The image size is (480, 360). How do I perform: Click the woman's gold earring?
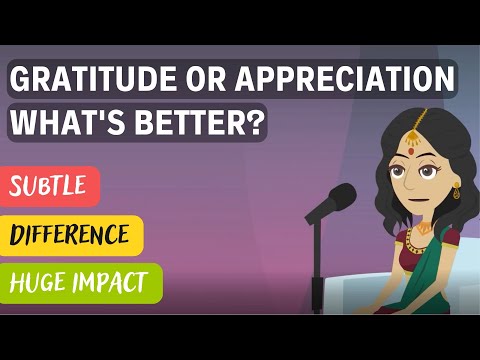pyautogui.click(x=457, y=190)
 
